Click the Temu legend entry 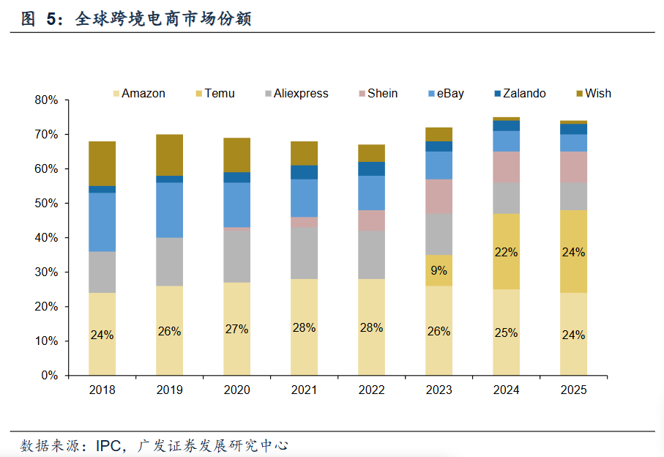pos(219,94)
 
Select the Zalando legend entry pos(523,94)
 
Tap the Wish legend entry pos(597,94)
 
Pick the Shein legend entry pos(382,94)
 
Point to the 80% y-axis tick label pos(46,100)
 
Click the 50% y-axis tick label pos(46,204)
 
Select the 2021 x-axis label pos(304,390)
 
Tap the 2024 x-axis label pos(506,390)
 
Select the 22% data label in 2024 pos(506,253)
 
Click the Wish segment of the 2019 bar pos(169,155)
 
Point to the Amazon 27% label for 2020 pos(236,330)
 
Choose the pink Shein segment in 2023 pos(439,196)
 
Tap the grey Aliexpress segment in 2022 pos(371,255)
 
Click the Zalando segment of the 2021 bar pos(304,172)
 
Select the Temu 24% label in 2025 pos(573,253)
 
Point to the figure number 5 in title pos(51,20)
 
